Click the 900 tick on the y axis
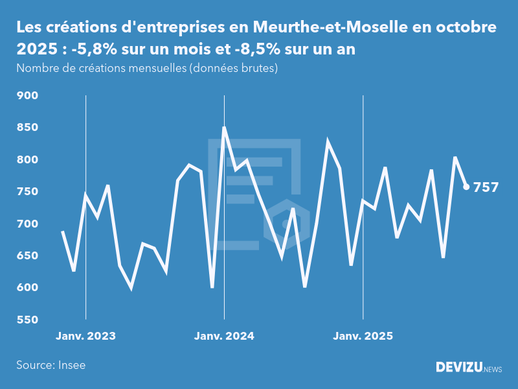27,96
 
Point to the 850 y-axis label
27,128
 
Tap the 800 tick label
27,159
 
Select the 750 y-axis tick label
27,192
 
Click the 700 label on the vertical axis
27,224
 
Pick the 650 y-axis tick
27,255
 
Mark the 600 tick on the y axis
27,288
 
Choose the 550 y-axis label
27,320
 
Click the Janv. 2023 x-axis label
85,336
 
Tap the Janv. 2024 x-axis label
224,336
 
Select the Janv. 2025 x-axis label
363,336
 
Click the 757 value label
486,187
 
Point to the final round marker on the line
466,187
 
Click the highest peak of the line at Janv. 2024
224,128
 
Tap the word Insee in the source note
71,365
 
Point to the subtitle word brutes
258,68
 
